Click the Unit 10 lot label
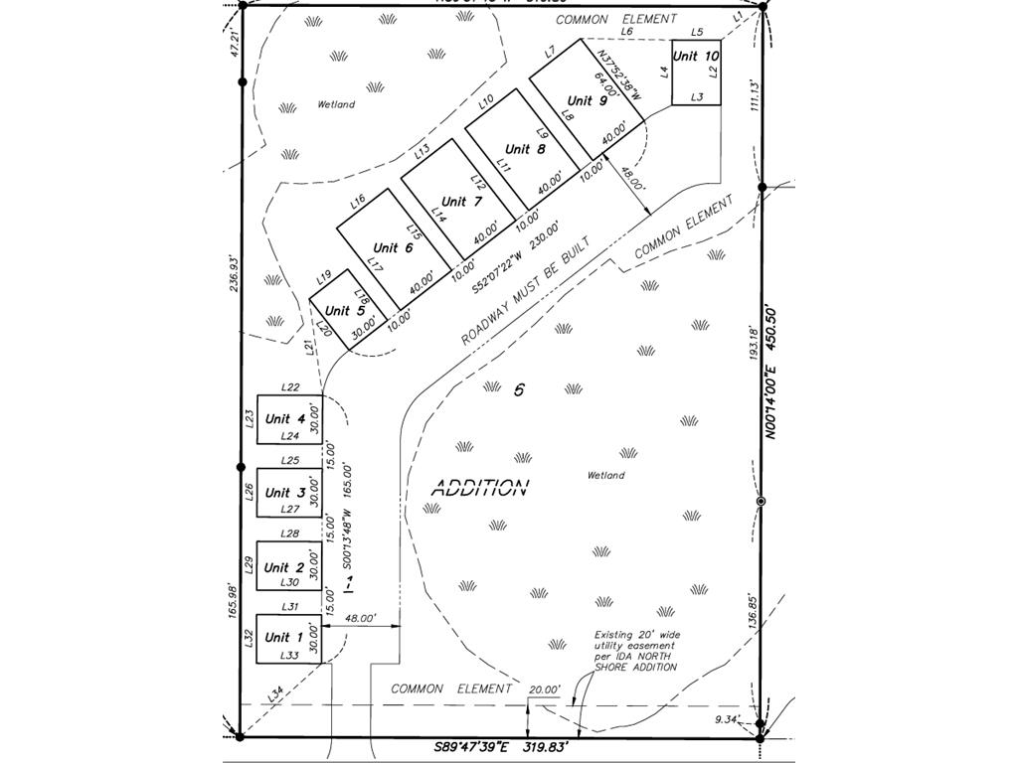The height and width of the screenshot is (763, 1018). click(x=695, y=57)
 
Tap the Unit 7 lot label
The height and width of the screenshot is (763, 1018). click(x=460, y=203)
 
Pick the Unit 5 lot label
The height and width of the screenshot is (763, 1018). click(x=344, y=311)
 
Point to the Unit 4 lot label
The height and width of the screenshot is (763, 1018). click(x=284, y=419)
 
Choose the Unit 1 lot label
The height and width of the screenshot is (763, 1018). click(x=284, y=638)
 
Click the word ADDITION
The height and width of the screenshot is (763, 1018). click(x=479, y=488)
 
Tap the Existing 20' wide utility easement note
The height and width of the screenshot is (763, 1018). click(x=636, y=651)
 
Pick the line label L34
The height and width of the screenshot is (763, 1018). click(x=275, y=691)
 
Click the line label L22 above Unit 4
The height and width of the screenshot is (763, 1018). click(x=290, y=387)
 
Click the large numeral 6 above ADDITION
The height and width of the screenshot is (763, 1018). click(x=518, y=390)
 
